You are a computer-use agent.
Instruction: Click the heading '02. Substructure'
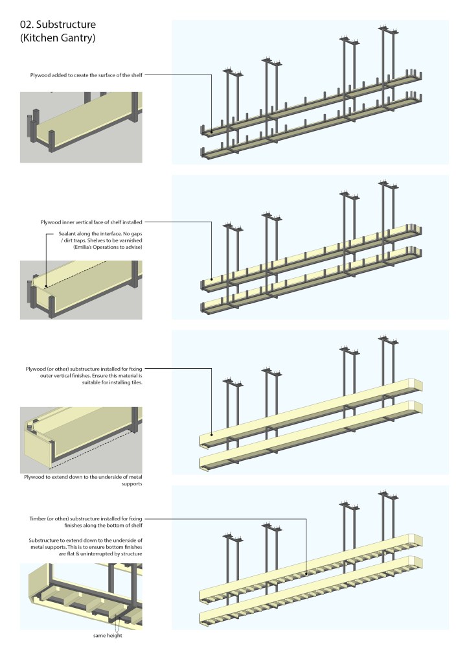(x=58, y=25)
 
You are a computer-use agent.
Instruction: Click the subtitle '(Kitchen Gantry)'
(x=58, y=40)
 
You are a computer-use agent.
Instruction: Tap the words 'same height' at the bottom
(x=106, y=635)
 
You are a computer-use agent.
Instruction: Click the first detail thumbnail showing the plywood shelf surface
(x=81, y=127)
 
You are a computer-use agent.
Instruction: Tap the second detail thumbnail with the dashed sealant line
(x=81, y=290)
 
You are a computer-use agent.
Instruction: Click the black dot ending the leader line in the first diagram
(x=212, y=132)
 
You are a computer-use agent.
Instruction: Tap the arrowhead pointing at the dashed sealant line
(x=47, y=266)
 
